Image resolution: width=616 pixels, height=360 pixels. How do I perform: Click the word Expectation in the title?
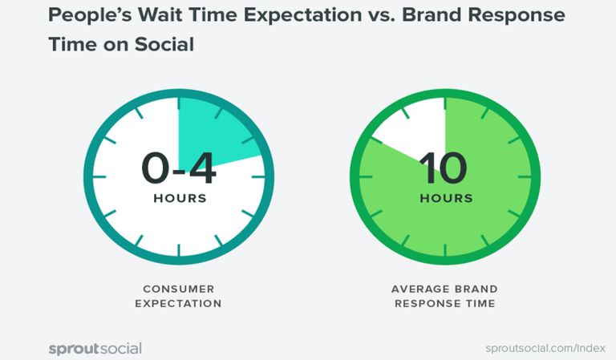302,16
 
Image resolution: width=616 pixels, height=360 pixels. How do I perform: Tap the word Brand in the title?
432,14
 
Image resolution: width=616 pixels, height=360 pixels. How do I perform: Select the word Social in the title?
164,44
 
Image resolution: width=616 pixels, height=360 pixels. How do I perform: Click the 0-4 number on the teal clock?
179,168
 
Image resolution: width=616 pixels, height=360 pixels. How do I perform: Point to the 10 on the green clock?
443,168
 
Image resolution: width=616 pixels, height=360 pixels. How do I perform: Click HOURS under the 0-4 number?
180,198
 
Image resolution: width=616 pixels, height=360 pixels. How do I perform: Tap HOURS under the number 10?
446,198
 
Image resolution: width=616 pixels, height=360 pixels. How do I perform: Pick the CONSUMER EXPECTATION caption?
178,296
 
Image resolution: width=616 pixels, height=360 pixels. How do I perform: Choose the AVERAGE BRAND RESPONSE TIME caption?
444,296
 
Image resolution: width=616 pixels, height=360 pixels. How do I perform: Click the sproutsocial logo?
95,349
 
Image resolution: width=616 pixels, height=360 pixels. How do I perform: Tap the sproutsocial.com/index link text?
545,348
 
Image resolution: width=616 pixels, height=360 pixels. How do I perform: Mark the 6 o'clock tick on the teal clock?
179,250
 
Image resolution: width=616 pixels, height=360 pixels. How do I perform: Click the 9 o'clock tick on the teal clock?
99,177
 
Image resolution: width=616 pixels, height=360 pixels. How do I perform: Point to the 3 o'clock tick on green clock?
525,177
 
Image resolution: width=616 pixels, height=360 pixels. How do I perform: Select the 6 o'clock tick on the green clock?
445,250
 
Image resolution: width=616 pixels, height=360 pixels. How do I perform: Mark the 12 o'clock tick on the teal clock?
179,103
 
